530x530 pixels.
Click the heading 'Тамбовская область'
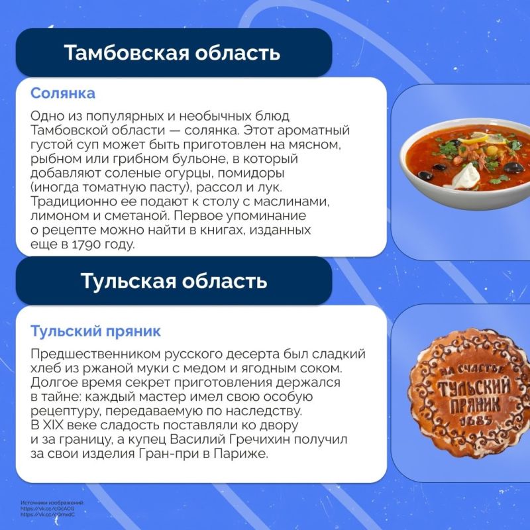172,53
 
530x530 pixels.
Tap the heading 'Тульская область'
174,281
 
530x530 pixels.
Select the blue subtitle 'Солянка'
63,93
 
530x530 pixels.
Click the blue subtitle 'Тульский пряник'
96,330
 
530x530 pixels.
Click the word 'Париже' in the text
244,454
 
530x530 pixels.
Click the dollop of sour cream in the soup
468,175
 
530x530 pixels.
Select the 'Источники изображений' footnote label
52,503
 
